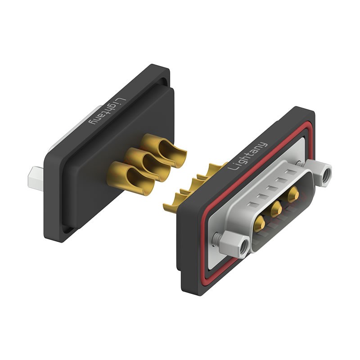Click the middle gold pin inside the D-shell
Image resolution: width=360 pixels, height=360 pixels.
tap(276, 208)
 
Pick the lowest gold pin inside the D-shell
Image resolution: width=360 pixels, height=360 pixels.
tap(260, 222)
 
